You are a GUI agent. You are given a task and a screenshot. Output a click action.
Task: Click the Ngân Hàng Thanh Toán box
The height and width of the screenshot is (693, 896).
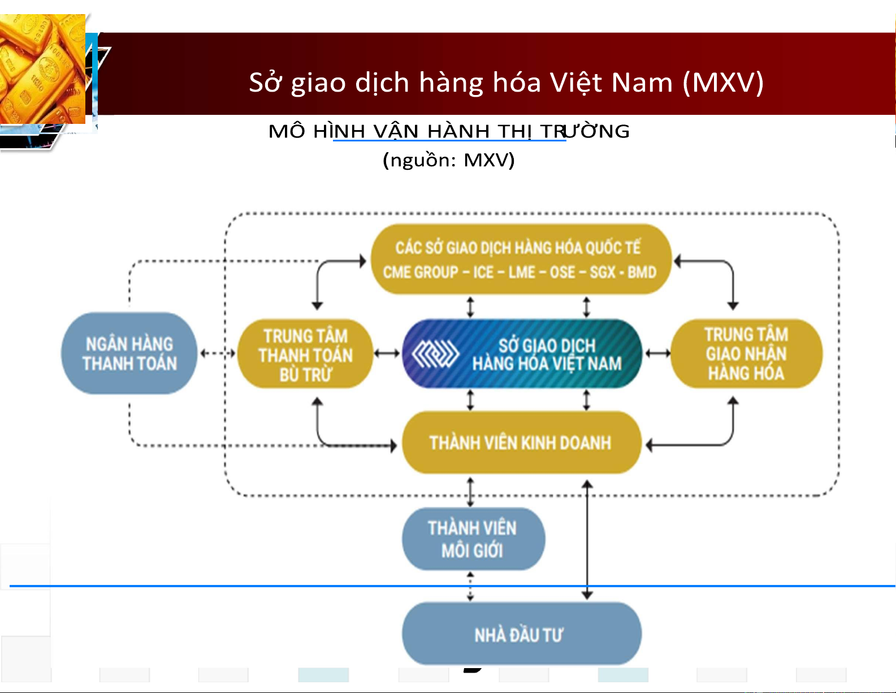click(x=129, y=353)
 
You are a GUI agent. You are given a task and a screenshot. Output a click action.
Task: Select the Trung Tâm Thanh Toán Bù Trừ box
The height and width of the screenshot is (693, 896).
click(x=305, y=354)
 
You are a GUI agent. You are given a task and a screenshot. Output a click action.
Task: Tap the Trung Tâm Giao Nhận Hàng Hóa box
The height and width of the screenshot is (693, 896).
click(x=746, y=354)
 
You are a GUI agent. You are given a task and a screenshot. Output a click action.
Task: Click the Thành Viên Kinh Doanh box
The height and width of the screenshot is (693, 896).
click(x=522, y=442)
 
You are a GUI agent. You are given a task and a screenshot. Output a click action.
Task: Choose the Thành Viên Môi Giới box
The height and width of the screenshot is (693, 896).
click(x=473, y=539)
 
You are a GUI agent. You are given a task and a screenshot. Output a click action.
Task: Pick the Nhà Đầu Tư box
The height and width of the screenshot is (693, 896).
click(x=522, y=634)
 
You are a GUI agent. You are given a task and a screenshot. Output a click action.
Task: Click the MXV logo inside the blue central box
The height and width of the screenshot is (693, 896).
click(x=435, y=354)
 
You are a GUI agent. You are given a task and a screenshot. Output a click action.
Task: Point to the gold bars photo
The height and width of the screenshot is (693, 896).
click(x=42, y=69)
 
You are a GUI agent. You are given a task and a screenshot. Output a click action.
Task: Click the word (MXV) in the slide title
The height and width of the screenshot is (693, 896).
click(x=724, y=83)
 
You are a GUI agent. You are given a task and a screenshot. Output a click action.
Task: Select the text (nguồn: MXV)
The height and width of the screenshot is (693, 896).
click(x=449, y=160)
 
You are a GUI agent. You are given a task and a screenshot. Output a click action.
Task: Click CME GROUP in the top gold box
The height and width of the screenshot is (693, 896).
click(x=421, y=272)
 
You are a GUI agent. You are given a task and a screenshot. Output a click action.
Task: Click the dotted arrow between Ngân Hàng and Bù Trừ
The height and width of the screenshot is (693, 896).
click(x=218, y=353)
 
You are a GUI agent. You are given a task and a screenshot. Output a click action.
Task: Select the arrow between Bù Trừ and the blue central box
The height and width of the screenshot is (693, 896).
click(x=387, y=353)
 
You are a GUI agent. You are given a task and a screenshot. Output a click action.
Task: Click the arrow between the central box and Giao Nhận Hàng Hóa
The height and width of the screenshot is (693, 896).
click(x=657, y=353)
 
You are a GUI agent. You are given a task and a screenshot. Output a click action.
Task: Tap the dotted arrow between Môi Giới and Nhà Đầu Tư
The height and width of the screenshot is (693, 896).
click(x=470, y=586)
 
